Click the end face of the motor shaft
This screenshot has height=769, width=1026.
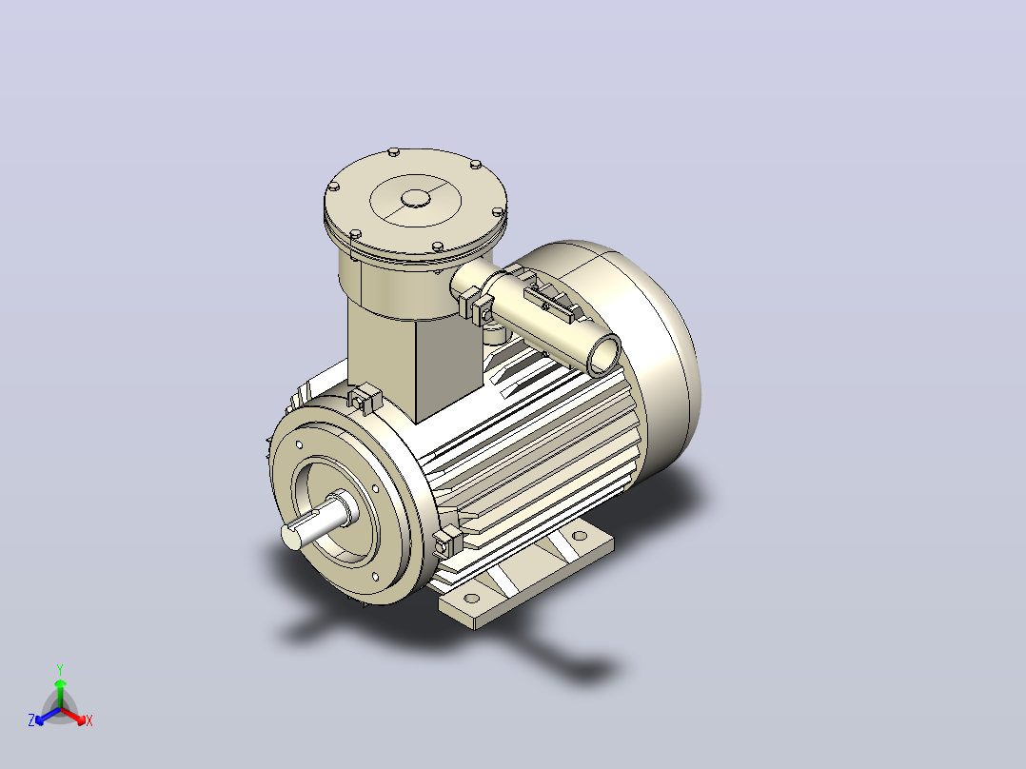(291, 537)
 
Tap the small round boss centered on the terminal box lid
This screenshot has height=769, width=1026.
(416, 198)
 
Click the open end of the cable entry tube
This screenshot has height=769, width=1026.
(604, 355)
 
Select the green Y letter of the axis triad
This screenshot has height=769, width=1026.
(60, 669)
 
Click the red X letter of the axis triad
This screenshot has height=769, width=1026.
(89, 720)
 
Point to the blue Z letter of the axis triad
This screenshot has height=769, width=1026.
(31, 720)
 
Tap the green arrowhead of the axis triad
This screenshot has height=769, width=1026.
(60, 683)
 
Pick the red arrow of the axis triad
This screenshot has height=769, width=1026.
(73, 716)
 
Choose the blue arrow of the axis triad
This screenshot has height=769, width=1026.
(48, 716)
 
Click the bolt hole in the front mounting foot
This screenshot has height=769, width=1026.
(470, 598)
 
